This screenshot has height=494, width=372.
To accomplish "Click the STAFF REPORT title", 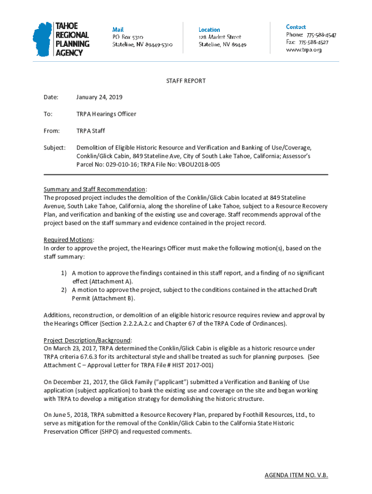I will [186, 81].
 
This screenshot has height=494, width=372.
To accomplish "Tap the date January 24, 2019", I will [99, 97].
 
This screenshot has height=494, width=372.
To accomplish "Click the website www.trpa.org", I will [304, 50].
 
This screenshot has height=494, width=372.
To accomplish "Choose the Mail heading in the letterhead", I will [118, 29].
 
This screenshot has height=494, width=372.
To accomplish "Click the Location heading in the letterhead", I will [209, 29].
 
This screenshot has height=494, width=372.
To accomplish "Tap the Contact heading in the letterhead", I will [296, 27].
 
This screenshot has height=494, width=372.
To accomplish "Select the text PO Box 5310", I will [128, 37].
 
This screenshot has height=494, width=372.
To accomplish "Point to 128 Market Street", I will [220, 37].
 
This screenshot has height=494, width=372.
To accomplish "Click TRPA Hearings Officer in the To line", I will [106, 114].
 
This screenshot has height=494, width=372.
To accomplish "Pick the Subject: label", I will [54, 148].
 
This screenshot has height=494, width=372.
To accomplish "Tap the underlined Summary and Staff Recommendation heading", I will [94, 189].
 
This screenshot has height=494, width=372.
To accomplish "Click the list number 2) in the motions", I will [63, 290].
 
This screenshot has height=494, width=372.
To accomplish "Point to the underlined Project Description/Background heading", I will [87, 340].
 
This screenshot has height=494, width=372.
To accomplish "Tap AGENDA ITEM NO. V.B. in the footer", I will [296, 476].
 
